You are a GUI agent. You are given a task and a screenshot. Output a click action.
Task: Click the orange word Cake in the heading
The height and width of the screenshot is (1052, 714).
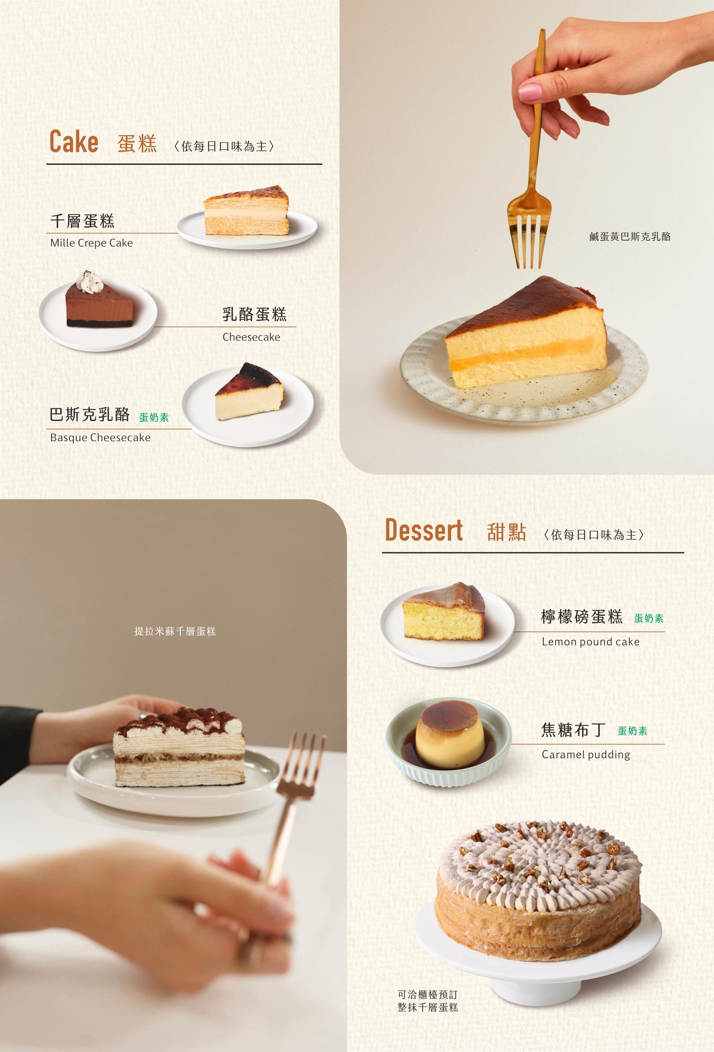pos(73,142)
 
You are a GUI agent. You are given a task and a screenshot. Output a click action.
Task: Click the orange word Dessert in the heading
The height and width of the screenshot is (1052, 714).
pos(424,530)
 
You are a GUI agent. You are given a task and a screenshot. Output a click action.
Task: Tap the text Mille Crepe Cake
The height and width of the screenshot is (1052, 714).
pos(91,243)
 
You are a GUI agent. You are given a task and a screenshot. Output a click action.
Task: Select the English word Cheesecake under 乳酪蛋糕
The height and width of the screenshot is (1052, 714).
pos(251,337)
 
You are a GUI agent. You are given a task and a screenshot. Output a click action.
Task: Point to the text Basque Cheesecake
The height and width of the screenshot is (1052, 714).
pos(100,438)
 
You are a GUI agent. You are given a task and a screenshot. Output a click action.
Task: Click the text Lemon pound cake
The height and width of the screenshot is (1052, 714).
pos(590,642)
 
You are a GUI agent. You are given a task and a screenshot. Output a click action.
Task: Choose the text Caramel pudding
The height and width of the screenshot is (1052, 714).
pos(586,755)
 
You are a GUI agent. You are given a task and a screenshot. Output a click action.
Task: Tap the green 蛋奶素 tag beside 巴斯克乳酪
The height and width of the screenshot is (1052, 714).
pos(154,418)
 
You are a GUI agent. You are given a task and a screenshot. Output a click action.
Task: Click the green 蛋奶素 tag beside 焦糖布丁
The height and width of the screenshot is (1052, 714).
pos(632,731)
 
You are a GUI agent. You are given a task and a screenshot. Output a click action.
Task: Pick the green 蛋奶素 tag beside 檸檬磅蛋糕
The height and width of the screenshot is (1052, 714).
pos(649,618)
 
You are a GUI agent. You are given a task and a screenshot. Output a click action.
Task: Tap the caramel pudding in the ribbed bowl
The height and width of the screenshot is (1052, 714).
pos(449,736)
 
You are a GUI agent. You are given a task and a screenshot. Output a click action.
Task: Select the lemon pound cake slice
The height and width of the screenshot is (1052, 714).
pos(444,612)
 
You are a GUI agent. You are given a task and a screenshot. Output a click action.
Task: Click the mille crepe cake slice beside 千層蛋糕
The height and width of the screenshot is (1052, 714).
pos(247,212)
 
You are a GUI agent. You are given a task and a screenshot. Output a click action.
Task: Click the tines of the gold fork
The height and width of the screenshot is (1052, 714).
pos(529,241)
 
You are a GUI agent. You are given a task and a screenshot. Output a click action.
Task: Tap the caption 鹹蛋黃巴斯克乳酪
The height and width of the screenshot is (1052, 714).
pos(630,237)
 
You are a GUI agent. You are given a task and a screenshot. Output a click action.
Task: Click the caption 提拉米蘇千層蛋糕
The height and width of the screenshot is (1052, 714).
pos(175,631)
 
